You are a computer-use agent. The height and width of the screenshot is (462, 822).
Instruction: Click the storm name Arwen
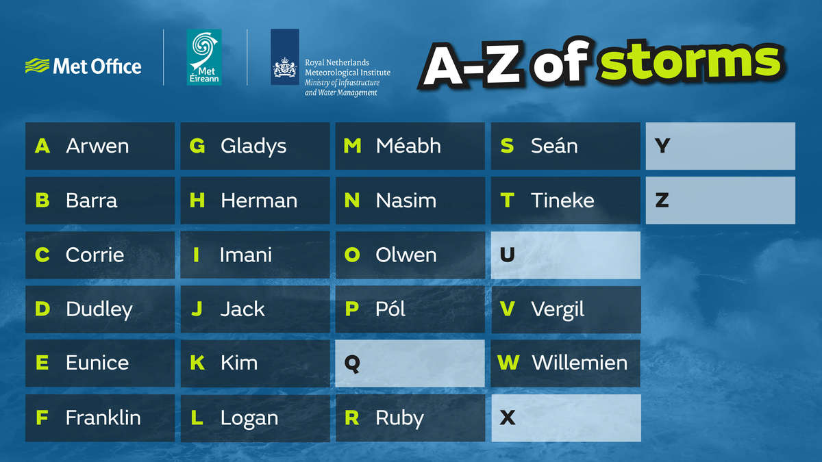click(x=97, y=146)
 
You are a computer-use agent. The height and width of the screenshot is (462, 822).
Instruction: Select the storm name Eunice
click(x=97, y=363)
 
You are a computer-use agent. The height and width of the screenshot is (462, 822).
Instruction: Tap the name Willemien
click(x=580, y=363)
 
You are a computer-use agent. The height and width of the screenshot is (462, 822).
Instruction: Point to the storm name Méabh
click(x=408, y=146)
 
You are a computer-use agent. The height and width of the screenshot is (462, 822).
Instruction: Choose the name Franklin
click(x=103, y=418)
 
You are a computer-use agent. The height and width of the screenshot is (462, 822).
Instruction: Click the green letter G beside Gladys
click(x=197, y=146)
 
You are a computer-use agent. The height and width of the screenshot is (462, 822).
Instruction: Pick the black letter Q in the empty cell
click(x=352, y=363)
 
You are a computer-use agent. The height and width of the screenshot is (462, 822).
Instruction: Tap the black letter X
click(x=508, y=418)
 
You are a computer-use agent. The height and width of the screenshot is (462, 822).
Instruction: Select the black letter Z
click(x=662, y=200)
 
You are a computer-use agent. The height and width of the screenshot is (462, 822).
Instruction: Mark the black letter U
click(x=508, y=255)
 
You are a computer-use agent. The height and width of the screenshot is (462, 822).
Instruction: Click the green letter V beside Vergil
click(x=507, y=309)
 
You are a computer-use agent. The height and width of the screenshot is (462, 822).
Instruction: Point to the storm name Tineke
click(x=562, y=200)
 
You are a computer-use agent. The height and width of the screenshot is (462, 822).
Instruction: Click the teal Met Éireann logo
click(x=204, y=57)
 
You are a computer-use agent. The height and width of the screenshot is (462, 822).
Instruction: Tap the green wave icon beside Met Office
click(x=37, y=66)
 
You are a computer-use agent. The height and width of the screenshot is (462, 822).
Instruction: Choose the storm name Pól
click(x=390, y=309)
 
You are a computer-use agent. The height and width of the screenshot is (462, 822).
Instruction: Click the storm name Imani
click(x=246, y=255)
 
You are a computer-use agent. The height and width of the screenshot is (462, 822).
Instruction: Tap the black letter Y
click(x=662, y=146)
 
